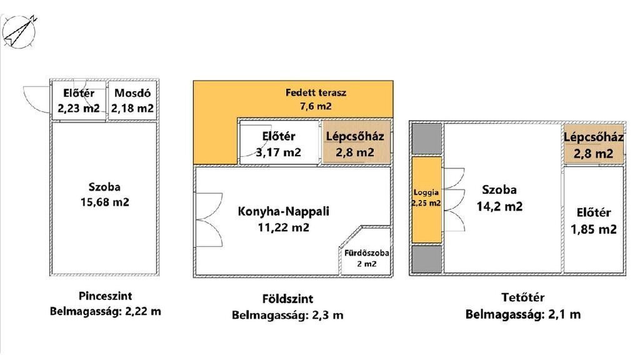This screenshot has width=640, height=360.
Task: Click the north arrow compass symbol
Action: click(19, 31)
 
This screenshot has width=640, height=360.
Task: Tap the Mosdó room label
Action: click(132, 93)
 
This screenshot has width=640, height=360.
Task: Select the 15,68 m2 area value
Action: click(104, 202)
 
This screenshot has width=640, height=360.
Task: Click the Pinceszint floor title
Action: click(105, 296)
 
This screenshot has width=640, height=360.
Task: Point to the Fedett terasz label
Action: click(316, 92)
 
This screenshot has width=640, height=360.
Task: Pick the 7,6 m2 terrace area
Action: click(315, 106)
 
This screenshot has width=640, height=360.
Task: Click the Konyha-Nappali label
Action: click(283, 211)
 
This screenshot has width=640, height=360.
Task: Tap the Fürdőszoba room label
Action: click(366, 253)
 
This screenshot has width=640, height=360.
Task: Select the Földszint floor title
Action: click(287, 299)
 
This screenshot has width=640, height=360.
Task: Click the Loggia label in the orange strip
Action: click(426, 192)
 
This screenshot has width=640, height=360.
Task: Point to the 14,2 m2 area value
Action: click(499, 206)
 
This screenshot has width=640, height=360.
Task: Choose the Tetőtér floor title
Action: click(523, 297)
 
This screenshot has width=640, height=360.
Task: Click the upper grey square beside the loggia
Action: click(426, 139)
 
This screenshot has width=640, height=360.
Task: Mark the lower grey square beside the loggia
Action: click(426, 259)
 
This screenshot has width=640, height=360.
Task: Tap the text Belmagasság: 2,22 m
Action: click(105, 311)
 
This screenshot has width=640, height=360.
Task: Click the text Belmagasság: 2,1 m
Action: click(523, 314)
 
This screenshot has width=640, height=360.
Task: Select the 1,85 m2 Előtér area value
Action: click(594, 229)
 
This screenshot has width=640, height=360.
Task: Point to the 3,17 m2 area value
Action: click(278, 152)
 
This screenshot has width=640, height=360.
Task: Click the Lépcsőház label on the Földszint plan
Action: click(355, 136)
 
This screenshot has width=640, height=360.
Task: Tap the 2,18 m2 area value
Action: click(132, 109)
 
